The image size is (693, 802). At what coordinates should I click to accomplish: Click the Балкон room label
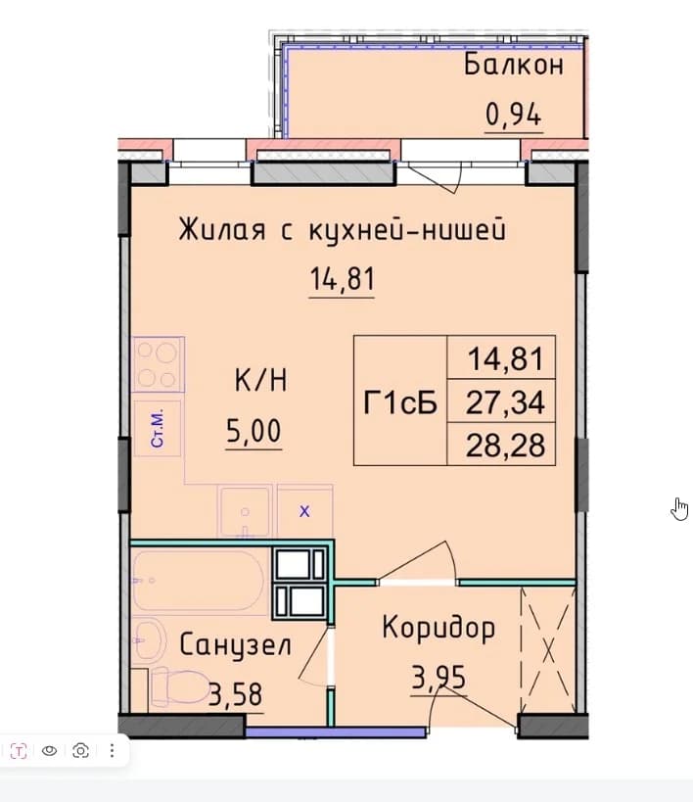(x=514, y=66)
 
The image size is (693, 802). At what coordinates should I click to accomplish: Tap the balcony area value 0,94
(x=513, y=115)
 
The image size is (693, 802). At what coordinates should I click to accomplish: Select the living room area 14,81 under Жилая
(x=343, y=279)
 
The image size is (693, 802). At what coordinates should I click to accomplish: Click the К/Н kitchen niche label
(x=260, y=380)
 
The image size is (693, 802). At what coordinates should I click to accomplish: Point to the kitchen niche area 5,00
(x=254, y=431)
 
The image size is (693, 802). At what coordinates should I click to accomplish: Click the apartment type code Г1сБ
(x=400, y=403)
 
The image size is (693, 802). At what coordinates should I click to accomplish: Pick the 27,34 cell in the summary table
(x=505, y=402)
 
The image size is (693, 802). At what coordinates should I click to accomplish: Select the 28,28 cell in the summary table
(x=505, y=445)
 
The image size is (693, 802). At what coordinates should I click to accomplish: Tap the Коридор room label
(x=439, y=628)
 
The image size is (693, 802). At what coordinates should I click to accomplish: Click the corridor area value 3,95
(x=439, y=679)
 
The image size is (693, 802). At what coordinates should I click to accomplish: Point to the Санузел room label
(x=235, y=645)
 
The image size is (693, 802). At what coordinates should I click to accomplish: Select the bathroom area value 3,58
(x=236, y=694)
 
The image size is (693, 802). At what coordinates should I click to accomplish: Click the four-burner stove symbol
(x=158, y=364)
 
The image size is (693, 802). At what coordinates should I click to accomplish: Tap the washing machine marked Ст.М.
(x=158, y=428)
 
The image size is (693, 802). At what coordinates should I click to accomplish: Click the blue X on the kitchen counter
(x=304, y=511)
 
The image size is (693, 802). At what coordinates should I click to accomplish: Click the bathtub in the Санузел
(x=200, y=581)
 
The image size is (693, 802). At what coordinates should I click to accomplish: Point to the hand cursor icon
(x=679, y=509)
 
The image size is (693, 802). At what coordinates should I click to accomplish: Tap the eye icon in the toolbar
(x=50, y=750)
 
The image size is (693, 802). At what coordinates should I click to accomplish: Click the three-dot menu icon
(x=112, y=750)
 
